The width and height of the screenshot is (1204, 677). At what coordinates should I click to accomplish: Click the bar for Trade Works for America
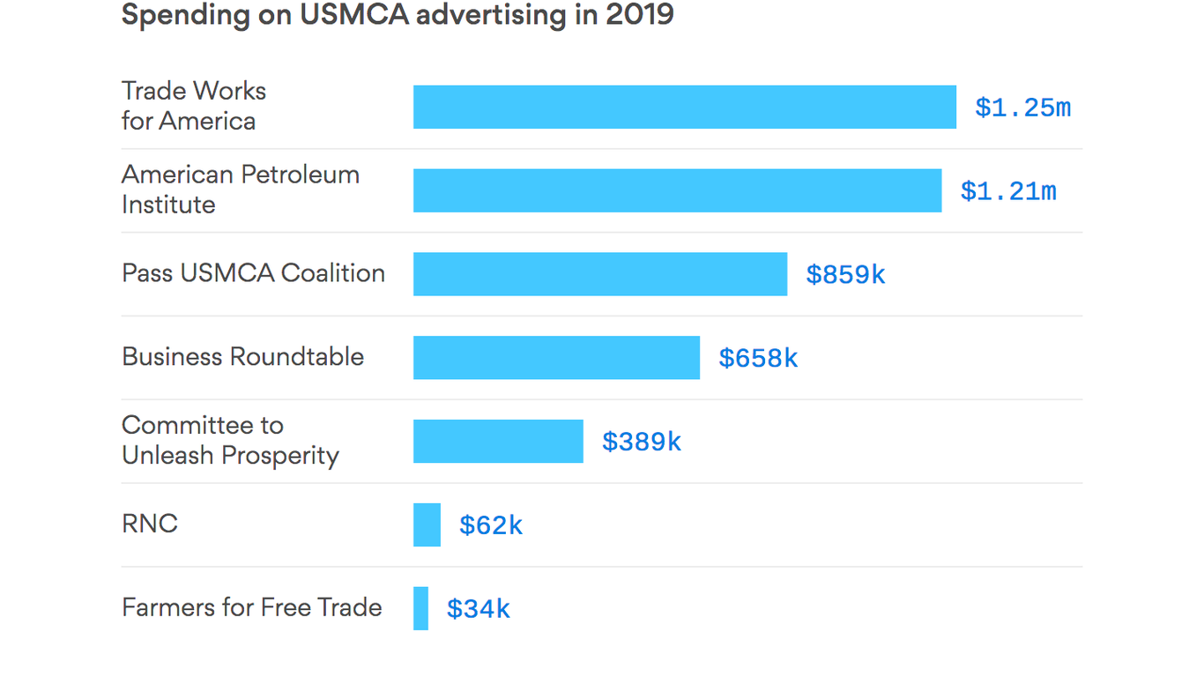point(684,107)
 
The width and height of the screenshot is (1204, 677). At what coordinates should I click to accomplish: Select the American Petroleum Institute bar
point(677,190)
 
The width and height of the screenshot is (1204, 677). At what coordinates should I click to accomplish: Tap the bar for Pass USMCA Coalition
point(599,274)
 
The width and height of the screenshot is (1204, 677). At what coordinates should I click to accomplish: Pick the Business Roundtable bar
point(556,358)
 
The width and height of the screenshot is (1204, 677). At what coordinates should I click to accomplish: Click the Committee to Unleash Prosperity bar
point(498,441)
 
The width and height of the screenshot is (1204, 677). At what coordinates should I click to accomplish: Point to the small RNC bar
point(427,524)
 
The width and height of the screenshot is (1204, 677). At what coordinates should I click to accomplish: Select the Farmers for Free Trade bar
point(420,608)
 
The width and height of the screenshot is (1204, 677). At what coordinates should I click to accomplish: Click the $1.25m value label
point(1022,108)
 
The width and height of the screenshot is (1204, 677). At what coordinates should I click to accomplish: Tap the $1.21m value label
point(1007,191)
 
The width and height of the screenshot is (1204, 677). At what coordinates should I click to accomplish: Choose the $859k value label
point(845,275)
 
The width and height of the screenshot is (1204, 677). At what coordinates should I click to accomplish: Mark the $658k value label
point(758,358)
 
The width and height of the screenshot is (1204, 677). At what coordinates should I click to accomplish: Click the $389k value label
point(641,442)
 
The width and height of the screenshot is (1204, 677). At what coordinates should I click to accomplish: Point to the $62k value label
point(491,525)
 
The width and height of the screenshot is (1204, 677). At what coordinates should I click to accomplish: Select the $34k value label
point(479,609)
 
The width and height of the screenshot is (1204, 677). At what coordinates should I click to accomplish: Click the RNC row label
point(150,524)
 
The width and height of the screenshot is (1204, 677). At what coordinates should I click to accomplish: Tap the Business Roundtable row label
point(242,357)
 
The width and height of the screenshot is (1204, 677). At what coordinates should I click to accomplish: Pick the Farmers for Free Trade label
point(251,607)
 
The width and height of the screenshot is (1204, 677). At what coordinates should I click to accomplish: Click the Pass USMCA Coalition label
point(253,273)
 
